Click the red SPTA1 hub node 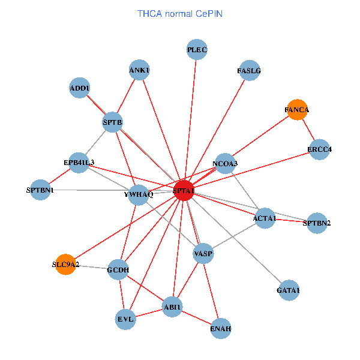point(183,190)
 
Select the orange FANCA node point(297,110)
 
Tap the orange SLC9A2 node point(65,264)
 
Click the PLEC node point(197,50)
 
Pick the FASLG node point(249,70)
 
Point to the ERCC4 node point(320,149)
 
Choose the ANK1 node point(139,70)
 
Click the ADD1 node point(80,88)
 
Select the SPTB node point(113,122)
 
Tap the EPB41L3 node point(79,162)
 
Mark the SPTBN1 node point(40,190)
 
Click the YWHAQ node point(139,194)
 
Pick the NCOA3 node point(225,163)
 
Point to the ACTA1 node point(265,218)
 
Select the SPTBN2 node point(317,223)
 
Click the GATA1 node point(289,290)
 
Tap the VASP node point(203,254)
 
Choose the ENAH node point(221,328)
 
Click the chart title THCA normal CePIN point(179,13)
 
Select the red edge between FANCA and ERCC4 point(308,130)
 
